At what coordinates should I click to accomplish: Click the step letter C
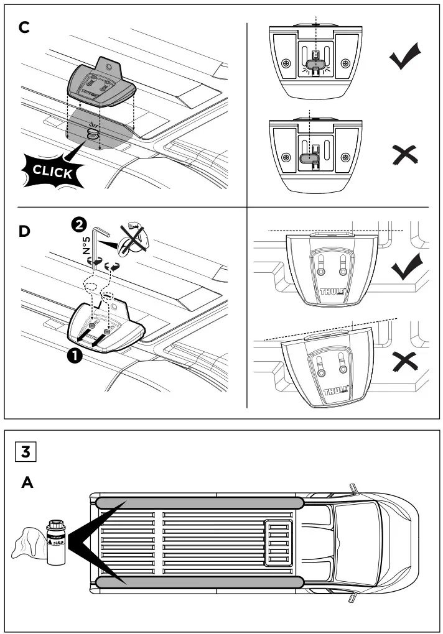coord(24,30)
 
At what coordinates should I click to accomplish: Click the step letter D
coord(24,232)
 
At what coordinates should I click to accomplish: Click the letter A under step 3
coord(27,482)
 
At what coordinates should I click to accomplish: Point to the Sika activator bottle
coord(56,540)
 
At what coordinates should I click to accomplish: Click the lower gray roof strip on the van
coord(199,581)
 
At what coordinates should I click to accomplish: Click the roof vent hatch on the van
coord(277,541)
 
